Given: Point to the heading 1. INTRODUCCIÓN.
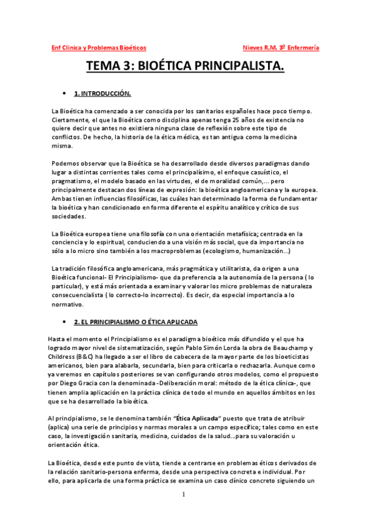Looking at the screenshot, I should [102, 94].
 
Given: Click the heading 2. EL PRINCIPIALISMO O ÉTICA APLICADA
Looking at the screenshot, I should [136, 321].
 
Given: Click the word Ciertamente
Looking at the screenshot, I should [70, 120].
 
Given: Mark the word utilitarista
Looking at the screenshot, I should [235, 269].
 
